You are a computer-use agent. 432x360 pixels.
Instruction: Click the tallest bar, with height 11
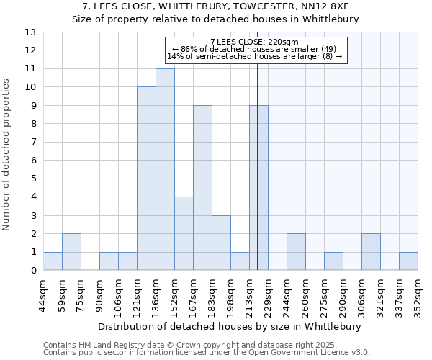(x=165, y=169)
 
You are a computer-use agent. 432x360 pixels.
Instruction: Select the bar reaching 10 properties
(x=146, y=179)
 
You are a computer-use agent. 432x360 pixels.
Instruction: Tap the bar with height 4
(x=184, y=233)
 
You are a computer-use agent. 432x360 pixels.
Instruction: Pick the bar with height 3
(x=221, y=243)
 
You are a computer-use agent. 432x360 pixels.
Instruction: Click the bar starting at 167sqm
(x=202, y=188)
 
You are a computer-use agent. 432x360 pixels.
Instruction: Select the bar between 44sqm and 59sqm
(x=53, y=261)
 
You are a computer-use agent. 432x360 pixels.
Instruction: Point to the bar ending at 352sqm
(x=408, y=261)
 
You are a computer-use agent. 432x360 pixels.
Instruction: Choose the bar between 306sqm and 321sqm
(x=371, y=252)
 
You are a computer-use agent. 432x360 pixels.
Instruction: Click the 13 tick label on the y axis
(x=30, y=32)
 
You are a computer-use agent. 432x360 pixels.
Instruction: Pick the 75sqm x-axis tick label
(x=81, y=293)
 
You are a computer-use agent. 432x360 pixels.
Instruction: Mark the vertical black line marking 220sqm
(x=257, y=180)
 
